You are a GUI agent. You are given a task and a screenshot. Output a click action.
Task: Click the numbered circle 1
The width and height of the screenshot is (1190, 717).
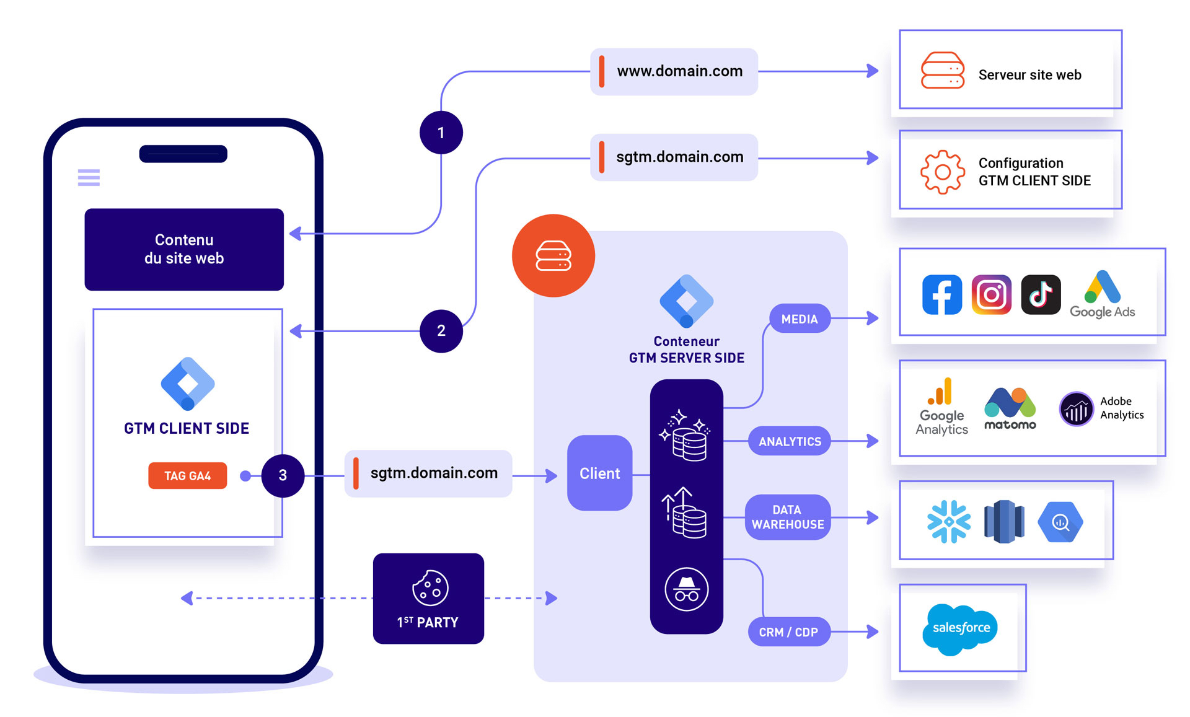click(x=441, y=133)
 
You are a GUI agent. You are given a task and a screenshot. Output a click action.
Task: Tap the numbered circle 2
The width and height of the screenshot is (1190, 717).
click(x=441, y=331)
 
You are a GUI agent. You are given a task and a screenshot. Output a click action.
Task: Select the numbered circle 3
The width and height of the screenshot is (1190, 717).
click(x=283, y=475)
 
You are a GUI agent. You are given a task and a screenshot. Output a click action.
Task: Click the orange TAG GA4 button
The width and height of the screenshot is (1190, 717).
click(x=187, y=476)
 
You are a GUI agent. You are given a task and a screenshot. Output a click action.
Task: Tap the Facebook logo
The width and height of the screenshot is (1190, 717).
click(x=941, y=295)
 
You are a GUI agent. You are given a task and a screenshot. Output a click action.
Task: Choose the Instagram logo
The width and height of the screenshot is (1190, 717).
click(x=991, y=295)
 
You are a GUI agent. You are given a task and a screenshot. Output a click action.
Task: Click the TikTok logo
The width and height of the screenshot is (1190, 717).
click(x=1041, y=295)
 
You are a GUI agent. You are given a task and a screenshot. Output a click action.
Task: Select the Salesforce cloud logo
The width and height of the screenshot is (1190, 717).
click(x=960, y=628)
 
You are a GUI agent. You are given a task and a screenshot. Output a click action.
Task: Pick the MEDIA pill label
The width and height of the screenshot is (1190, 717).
click(x=800, y=319)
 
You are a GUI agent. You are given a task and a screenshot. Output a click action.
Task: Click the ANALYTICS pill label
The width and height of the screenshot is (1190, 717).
click(x=790, y=441)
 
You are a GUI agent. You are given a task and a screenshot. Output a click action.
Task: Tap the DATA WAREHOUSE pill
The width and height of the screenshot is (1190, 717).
click(x=787, y=517)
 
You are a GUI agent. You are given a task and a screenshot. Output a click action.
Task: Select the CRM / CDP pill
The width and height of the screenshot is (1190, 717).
click(x=788, y=632)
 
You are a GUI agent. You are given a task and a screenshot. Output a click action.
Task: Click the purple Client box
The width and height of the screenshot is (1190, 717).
click(x=599, y=473)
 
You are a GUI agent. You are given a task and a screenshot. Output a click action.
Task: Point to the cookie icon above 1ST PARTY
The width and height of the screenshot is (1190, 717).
click(x=430, y=587)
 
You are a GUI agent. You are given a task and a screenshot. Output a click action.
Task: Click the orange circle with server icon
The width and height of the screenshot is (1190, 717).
click(x=553, y=256)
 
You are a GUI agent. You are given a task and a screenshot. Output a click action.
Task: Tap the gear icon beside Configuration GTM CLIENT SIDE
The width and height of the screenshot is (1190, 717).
click(x=942, y=172)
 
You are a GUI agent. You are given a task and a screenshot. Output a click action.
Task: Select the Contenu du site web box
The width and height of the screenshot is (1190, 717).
click(x=184, y=249)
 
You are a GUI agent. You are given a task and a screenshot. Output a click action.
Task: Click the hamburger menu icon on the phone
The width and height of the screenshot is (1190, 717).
click(x=89, y=177)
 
